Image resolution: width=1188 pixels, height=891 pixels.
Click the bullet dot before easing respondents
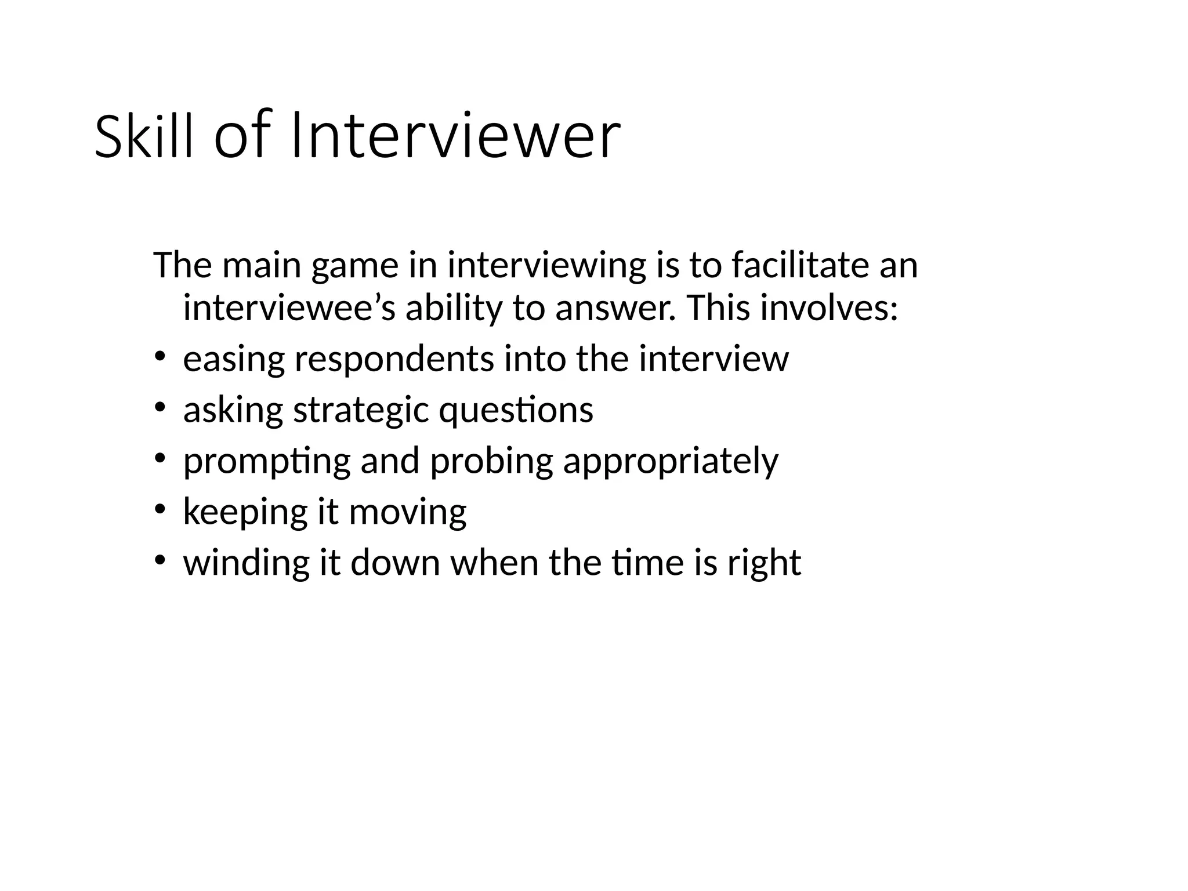click(x=160, y=355)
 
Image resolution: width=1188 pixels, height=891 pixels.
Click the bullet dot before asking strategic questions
click(x=160, y=406)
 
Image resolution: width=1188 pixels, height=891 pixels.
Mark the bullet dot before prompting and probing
click(x=160, y=457)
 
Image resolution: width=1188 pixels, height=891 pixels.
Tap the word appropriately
click(x=671, y=462)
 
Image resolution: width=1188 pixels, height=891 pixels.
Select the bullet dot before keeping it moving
click(x=160, y=508)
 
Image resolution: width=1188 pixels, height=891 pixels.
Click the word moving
click(x=407, y=513)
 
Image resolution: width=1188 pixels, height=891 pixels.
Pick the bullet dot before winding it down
click(x=160, y=559)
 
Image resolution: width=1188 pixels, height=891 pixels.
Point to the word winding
click(x=246, y=563)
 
